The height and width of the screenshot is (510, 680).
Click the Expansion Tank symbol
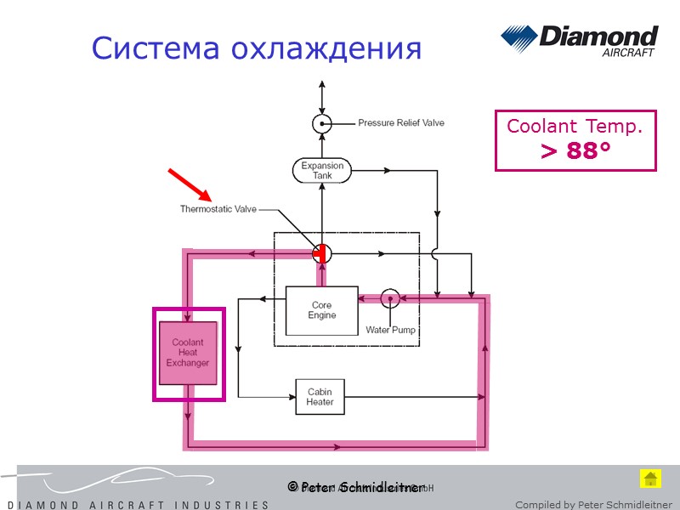[x=322, y=170]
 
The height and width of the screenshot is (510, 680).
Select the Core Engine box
[x=321, y=310]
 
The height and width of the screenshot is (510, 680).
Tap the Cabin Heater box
[x=320, y=397]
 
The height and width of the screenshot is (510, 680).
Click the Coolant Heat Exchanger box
[x=188, y=353]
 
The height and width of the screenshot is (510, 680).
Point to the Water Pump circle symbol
[x=389, y=298]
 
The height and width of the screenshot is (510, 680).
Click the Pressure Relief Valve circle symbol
[x=322, y=123]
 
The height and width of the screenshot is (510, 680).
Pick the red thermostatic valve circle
[x=321, y=252]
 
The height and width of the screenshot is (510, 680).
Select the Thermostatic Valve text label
[x=218, y=209]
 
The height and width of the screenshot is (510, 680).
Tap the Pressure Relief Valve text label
[x=400, y=123]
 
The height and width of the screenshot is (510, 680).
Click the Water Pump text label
[x=390, y=330]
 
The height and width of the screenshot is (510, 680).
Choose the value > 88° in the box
[x=575, y=152]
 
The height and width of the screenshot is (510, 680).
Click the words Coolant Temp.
[x=575, y=127]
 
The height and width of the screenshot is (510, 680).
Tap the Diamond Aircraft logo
[x=579, y=42]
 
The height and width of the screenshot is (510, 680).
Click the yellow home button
[x=650, y=479]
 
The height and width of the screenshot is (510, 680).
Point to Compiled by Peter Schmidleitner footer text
[x=593, y=505]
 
